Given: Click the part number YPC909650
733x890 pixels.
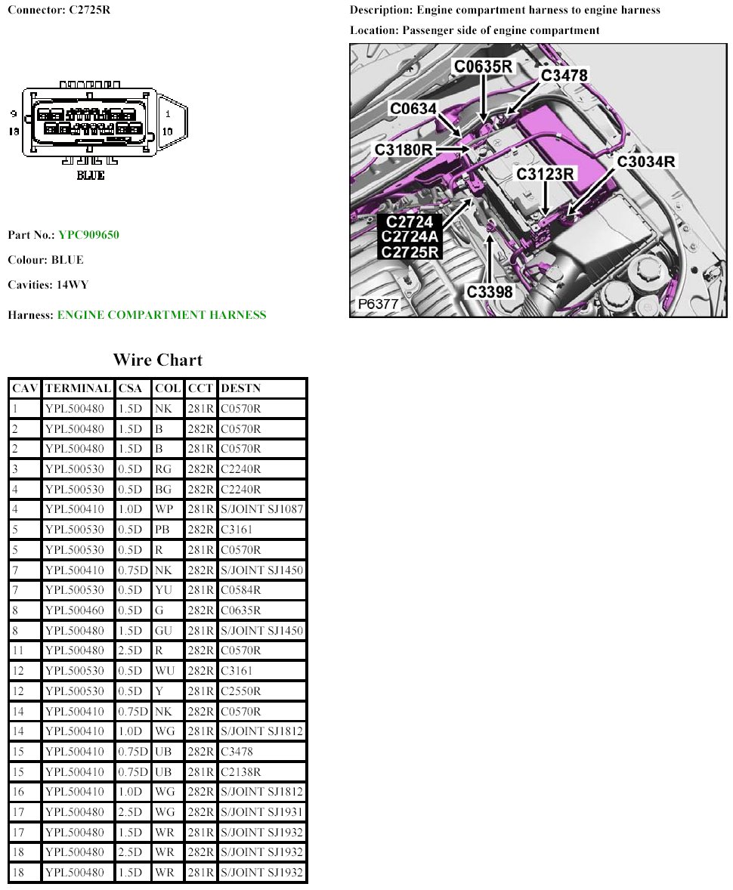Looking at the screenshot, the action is pyautogui.click(x=88, y=235).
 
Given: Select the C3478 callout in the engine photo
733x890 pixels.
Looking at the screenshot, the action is pyautogui.click(x=564, y=75).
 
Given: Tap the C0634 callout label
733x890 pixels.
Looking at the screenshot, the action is pyautogui.click(x=413, y=109).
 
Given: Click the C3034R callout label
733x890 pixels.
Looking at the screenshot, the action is pyautogui.click(x=645, y=161).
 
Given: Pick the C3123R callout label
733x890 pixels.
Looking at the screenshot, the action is pyautogui.click(x=546, y=174).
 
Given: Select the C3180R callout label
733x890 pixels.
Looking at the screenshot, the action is pyautogui.click(x=404, y=150).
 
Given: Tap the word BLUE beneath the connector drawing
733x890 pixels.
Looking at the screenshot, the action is pyautogui.click(x=91, y=176).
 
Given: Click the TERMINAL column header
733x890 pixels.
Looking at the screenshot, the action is pyautogui.click(x=78, y=388).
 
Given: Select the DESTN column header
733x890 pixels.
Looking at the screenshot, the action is pyautogui.click(x=240, y=388).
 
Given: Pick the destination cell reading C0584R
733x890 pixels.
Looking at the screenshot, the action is pyautogui.click(x=241, y=590).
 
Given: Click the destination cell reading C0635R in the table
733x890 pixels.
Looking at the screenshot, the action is pyautogui.click(x=241, y=610).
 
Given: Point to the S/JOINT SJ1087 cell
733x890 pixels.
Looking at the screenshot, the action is pyautogui.click(x=261, y=509).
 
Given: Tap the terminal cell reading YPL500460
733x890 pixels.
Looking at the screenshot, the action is pyautogui.click(x=75, y=610).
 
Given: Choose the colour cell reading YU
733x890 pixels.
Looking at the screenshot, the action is pyautogui.click(x=163, y=590).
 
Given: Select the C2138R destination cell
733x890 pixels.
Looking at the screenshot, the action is pyautogui.click(x=241, y=771).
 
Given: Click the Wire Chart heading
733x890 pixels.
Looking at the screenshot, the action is pyautogui.click(x=158, y=360).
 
